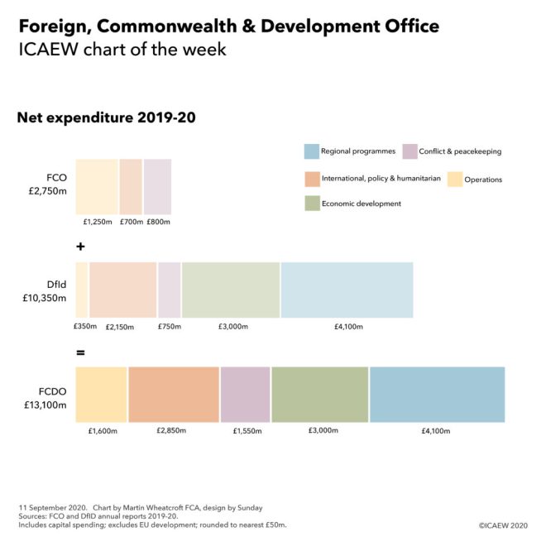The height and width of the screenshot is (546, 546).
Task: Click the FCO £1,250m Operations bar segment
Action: [97, 187]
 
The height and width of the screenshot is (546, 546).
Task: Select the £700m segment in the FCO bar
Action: [131, 187]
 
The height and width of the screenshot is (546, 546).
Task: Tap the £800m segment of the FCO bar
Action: [157, 187]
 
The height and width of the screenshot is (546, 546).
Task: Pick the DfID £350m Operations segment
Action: [81, 290]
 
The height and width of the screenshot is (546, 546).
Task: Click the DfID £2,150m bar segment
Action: [122, 290]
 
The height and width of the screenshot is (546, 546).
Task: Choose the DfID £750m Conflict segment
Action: [169, 290]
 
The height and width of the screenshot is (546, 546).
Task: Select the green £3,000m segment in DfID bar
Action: [231, 290]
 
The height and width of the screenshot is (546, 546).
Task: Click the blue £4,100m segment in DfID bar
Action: [347, 290]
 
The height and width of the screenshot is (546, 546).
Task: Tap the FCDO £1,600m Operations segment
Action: [101, 395]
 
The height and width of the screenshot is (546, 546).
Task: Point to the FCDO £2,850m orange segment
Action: [174, 395]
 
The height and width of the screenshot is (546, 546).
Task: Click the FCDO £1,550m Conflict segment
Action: [245, 395]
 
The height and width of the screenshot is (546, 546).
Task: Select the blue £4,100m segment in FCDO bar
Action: [437, 395]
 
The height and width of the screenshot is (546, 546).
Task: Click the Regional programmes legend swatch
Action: [311, 151]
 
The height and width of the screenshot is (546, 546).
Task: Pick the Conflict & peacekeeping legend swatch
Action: [409, 151]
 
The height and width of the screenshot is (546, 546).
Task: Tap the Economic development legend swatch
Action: [311, 204]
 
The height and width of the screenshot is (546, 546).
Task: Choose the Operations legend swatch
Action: [454, 179]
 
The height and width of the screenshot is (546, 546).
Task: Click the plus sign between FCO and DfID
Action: [80, 247]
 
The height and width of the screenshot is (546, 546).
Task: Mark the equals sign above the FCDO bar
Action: [80, 352]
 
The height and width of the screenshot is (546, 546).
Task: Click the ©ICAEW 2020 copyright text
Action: [504, 525]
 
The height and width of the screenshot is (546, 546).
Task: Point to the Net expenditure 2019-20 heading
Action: [106, 118]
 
